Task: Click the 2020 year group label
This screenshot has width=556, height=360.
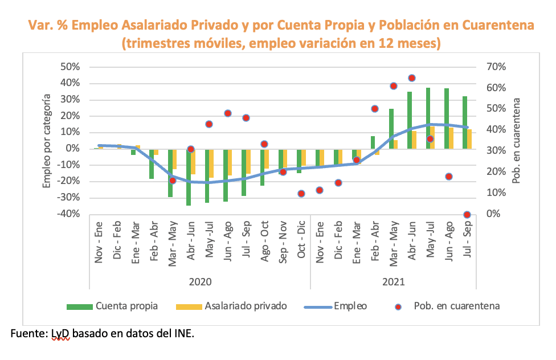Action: click(199, 281)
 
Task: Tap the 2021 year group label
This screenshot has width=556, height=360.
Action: click(394, 281)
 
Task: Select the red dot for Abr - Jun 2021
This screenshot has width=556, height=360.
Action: click(412, 78)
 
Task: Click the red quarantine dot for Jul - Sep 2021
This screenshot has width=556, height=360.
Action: click(467, 215)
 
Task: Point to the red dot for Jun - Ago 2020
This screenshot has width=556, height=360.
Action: click(228, 113)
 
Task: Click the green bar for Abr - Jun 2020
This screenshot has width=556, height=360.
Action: click(189, 177)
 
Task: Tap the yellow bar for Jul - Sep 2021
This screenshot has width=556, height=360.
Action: click(470, 139)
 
